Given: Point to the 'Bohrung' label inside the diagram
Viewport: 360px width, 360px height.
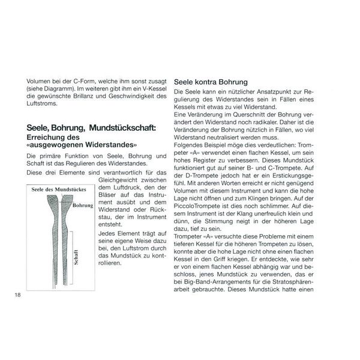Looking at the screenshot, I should pyautogui.click(x=83, y=205).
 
